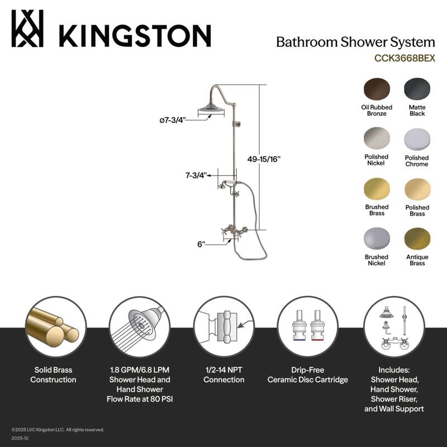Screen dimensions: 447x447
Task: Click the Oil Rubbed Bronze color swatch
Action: [377, 89]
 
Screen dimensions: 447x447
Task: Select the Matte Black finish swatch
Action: [417, 89]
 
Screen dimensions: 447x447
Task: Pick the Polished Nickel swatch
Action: [377, 139]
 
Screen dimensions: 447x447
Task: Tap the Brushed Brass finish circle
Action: [377, 189]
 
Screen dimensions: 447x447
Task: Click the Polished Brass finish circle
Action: [417, 189]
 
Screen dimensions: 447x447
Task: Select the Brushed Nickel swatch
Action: [377, 239]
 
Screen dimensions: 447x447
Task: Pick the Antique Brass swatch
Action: [417, 239]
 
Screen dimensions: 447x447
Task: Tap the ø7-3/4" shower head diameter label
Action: [172, 120]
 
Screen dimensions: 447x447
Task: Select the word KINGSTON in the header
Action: [135, 35]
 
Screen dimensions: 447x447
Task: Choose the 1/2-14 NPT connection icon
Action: [223, 327]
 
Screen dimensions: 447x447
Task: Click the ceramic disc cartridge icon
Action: [307, 327]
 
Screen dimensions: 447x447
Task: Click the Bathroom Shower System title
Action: [355, 42]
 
